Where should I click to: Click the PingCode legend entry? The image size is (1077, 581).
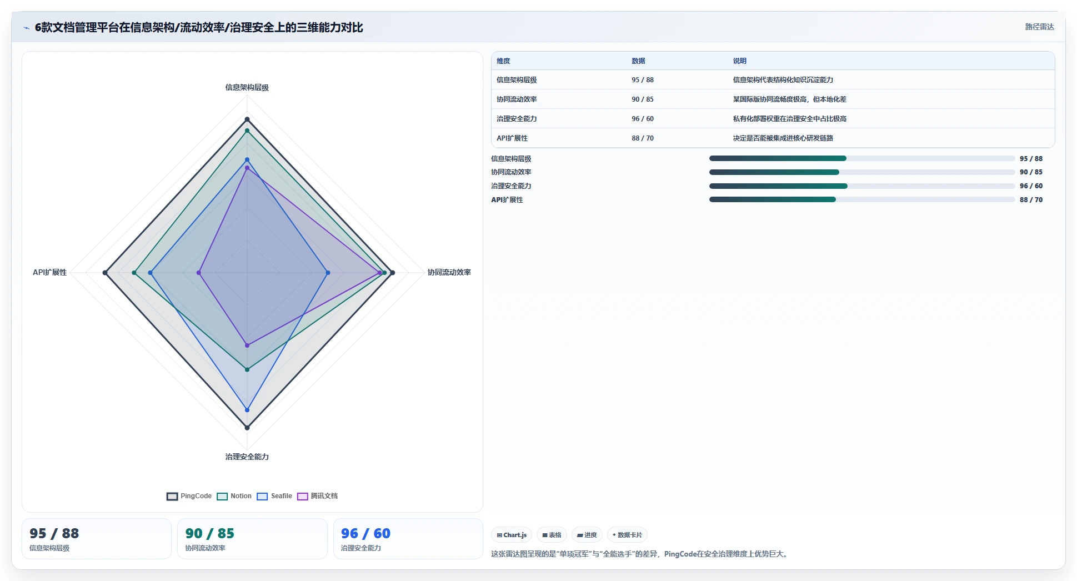(189, 496)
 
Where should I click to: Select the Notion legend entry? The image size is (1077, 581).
(234, 496)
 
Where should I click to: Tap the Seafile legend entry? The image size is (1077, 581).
(274, 496)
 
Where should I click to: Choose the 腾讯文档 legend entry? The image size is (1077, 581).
(318, 496)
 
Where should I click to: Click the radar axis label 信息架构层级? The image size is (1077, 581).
(247, 87)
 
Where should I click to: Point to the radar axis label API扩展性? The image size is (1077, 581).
(49, 272)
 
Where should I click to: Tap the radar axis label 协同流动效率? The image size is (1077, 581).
(449, 272)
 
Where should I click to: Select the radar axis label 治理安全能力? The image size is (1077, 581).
(247, 457)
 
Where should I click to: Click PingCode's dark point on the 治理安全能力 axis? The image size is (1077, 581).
(247, 428)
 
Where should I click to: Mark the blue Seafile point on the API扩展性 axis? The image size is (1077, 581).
(150, 273)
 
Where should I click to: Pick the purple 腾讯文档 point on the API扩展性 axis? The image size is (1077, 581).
(199, 273)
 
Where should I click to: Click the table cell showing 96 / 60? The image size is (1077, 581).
(643, 119)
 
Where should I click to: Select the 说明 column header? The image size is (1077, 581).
(739, 61)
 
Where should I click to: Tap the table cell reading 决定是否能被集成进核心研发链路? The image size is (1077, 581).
(783, 138)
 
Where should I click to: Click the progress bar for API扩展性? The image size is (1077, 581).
(862, 199)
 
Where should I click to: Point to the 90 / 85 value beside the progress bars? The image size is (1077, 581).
(1031, 172)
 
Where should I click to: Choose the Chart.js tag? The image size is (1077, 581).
(512, 535)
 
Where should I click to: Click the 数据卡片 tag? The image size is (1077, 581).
(627, 535)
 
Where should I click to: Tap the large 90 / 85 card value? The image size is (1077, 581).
(210, 533)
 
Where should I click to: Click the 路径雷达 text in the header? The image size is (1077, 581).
(1039, 27)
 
